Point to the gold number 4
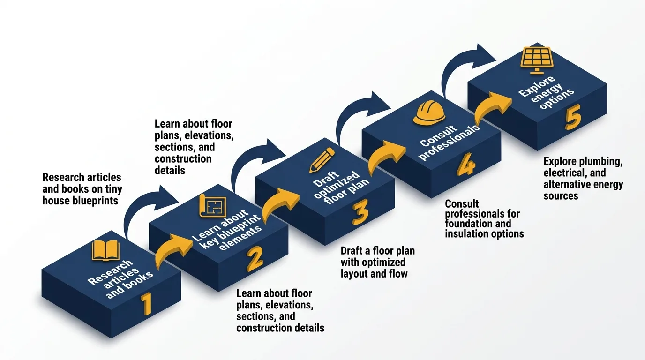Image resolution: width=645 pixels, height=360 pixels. coord(465,167)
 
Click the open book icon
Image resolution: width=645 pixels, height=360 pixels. coord(106,250)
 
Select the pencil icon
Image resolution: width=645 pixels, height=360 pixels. coord(322,160)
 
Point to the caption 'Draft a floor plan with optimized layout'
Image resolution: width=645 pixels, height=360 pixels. coord(377,262)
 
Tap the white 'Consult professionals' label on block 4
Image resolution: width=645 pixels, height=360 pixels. coord(449,142)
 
